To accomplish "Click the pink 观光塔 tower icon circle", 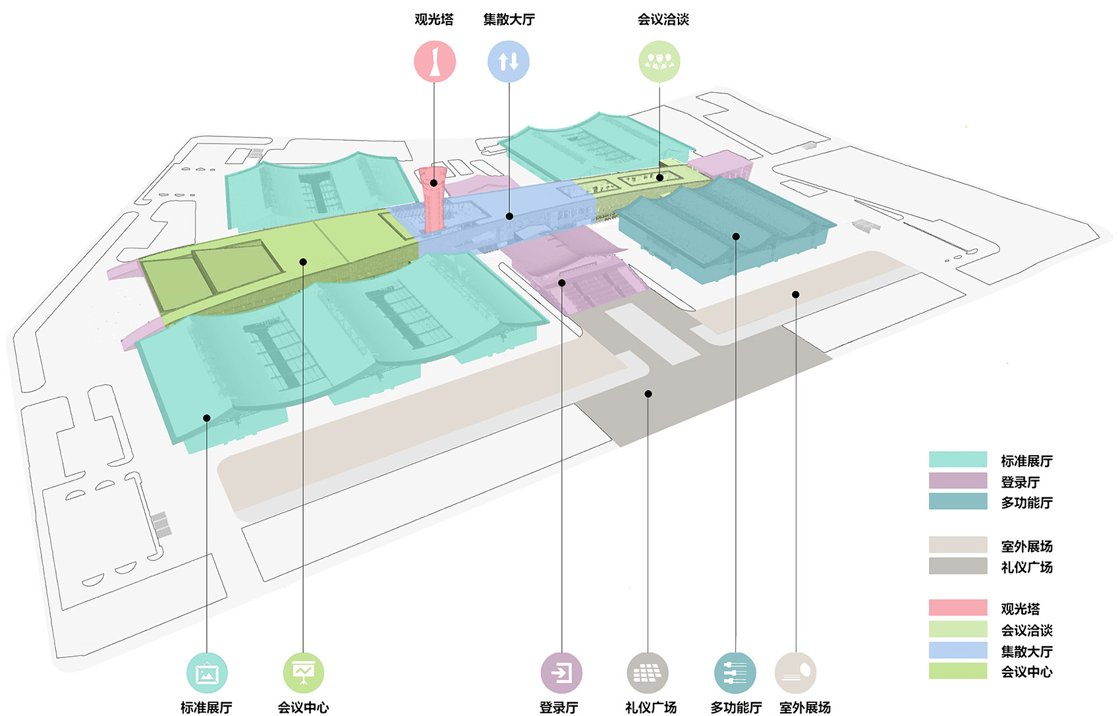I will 434,61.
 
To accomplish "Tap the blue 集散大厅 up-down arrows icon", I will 508,61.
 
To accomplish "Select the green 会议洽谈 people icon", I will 659,61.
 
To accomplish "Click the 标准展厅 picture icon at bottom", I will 207,673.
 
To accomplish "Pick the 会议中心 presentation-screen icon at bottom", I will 303,673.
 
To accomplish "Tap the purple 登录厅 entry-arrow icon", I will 561,673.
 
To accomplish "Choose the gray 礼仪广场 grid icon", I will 648,673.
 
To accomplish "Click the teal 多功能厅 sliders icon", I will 735,673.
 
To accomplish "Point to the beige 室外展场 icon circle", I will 796,673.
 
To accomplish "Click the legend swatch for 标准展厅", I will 958,460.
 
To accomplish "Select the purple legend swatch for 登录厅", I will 958,481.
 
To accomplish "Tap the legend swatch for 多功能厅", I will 958,502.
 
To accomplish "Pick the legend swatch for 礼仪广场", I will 958,566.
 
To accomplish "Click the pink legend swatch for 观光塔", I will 958,608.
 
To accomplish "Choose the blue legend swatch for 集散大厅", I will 958,650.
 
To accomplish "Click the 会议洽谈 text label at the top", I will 663,20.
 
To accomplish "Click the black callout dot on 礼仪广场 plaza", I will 648,394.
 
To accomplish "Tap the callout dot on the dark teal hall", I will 736,236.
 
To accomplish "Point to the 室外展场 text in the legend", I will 1026,546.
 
